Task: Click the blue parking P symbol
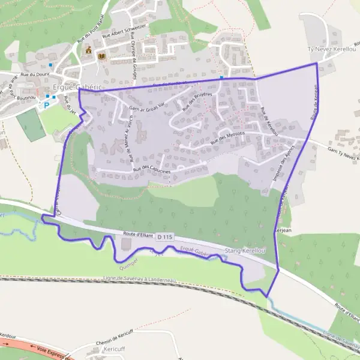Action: (x=46, y=104)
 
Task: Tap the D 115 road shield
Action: (x=165, y=238)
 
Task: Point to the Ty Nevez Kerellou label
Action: (x=332, y=48)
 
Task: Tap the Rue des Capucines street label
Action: (x=152, y=170)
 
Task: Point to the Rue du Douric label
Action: (x=34, y=74)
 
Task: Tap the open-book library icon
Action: (x=101, y=56)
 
